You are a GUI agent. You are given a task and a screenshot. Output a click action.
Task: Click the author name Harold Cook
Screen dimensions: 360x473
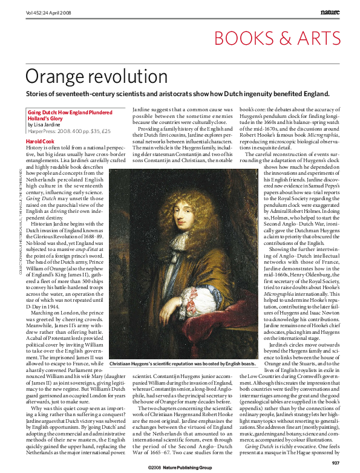tap(41, 141)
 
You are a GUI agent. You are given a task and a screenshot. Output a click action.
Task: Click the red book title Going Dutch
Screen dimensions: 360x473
tap(42, 113)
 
